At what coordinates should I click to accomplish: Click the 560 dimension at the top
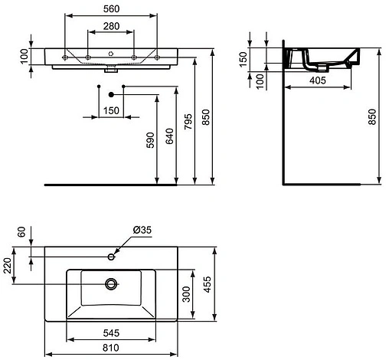(x=113, y=9)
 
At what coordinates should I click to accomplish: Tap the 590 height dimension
(x=151, y=142)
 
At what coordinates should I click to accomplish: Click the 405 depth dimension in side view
(x=319, y=79)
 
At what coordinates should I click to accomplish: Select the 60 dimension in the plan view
(x=22, y=231)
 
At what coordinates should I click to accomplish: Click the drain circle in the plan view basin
(x=112, y=284)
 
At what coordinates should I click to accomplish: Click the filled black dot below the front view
(x=113, y=94)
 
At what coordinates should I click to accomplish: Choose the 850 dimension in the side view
(x=374, y=117)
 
